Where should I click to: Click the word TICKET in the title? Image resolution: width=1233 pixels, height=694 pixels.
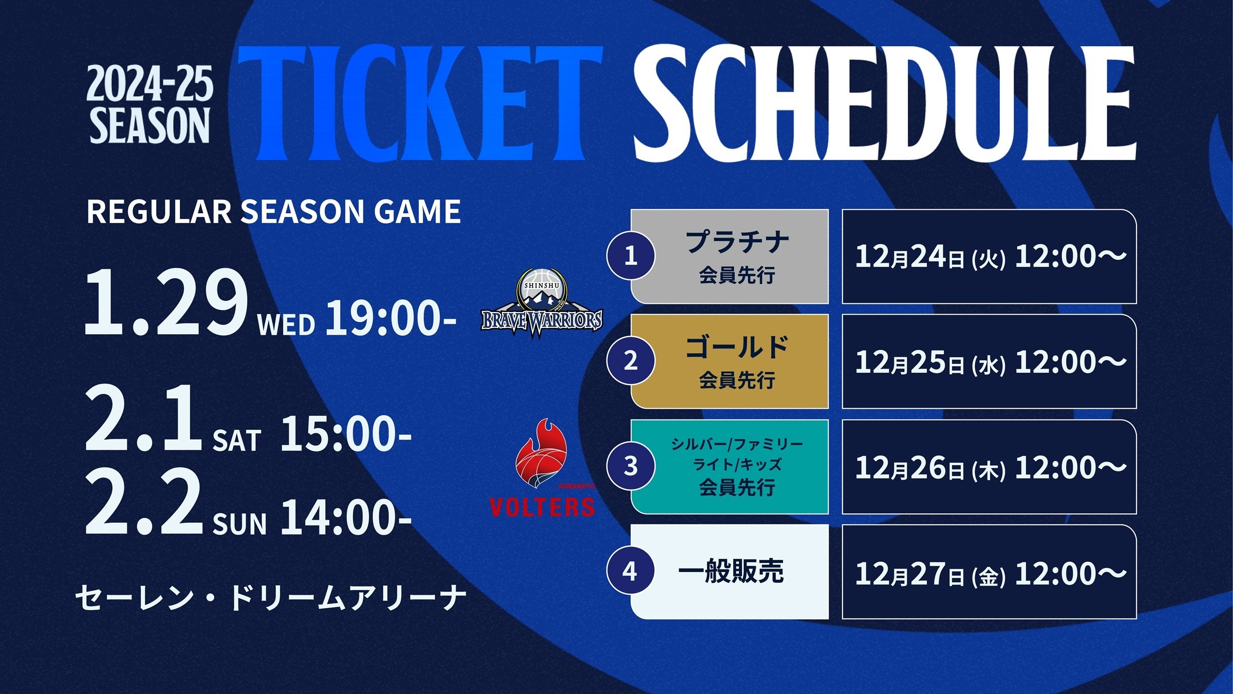420,103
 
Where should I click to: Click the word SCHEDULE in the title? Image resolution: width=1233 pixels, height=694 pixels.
884,103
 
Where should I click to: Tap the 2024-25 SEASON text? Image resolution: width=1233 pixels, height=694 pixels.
150,104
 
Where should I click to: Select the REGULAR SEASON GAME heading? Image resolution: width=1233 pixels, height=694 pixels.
273,211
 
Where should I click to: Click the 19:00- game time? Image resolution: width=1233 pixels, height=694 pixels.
391,318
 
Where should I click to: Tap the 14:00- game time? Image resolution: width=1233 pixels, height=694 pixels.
346,517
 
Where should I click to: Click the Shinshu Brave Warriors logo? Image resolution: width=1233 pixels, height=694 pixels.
541,304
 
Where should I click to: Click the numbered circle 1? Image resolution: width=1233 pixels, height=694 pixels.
630,255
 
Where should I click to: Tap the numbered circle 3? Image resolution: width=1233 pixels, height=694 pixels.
630,466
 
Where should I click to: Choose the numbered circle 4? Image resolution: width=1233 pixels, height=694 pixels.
630,571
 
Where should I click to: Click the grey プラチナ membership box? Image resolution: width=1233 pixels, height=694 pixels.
730,256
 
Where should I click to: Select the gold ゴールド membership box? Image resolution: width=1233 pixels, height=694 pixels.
730,361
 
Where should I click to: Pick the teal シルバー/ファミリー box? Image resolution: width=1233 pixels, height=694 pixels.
730,467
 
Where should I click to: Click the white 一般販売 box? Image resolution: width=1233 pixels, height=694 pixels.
730,572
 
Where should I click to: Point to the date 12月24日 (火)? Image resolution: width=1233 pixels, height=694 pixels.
930,256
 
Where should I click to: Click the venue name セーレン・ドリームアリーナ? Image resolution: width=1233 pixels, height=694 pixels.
271,597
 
